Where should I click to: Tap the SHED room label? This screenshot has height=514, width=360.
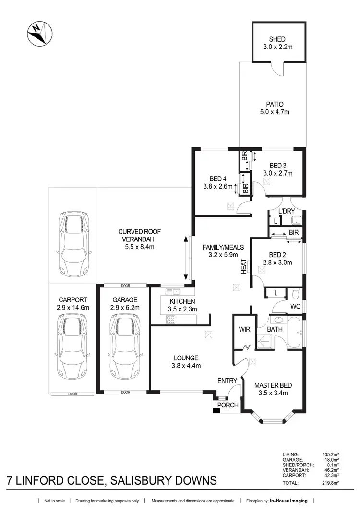pos(277,39)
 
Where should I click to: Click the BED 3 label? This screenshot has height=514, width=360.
pos(277,165)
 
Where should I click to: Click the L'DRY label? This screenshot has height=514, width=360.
pos(287,211)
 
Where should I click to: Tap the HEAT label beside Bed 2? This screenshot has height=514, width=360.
pos(243,266)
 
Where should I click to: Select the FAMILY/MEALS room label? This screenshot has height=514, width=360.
pos(223,247)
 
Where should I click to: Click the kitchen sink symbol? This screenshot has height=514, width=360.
pos(173,291)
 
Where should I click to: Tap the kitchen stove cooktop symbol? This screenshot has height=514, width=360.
pos(171,320)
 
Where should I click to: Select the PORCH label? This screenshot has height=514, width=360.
pos(228,405)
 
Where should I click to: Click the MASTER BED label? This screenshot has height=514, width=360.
pos(273,385)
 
